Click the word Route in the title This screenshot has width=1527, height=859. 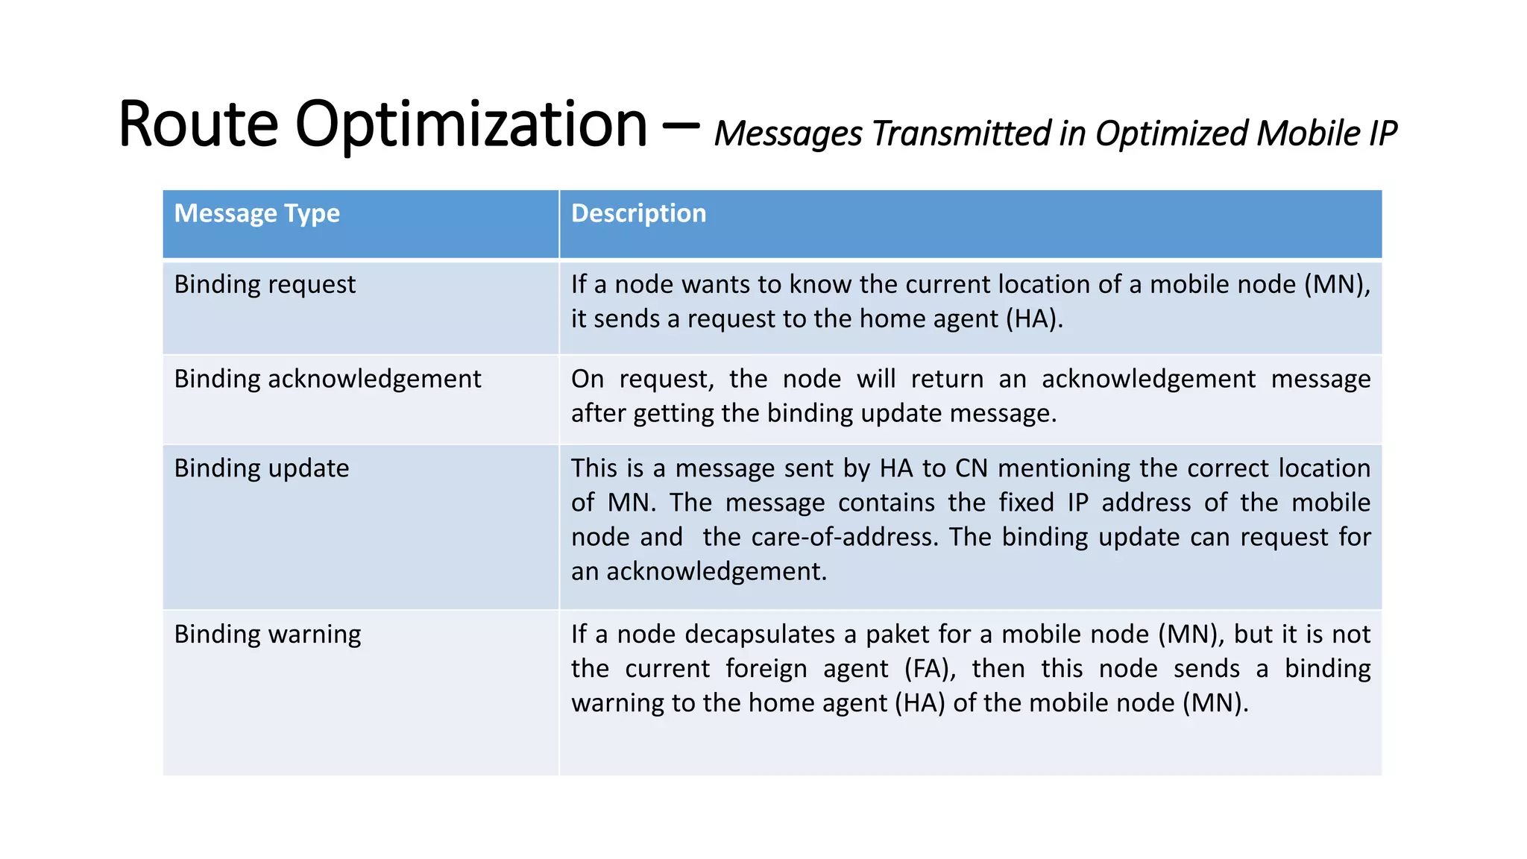pyautogui.click(x=198, y=125)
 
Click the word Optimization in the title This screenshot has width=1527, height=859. pyautogui.click(x=471, y=125)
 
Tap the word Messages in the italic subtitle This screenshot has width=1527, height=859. pyautogui.click(x=788, y=135)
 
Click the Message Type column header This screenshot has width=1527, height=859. pyautogui.click(x=256, y=214)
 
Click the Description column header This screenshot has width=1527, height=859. pyautogui.click(x=638, y=214)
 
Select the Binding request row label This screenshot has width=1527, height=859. pyautogui.click(x=265, y=285)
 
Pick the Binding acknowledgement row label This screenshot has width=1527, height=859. pyautogui.click(x=327, y=380)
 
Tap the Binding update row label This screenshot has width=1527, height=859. pyautogui.click(x=261, y=469)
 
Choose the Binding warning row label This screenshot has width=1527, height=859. pyautogui.click(x=267, y=635)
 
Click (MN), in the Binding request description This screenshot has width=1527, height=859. pyautogui.click(x=1337, y=285)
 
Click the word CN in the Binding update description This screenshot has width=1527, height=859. pyautogui.click(x=971, y=468)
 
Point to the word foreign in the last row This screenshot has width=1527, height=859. pyautogui.click(x=766, y=669)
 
